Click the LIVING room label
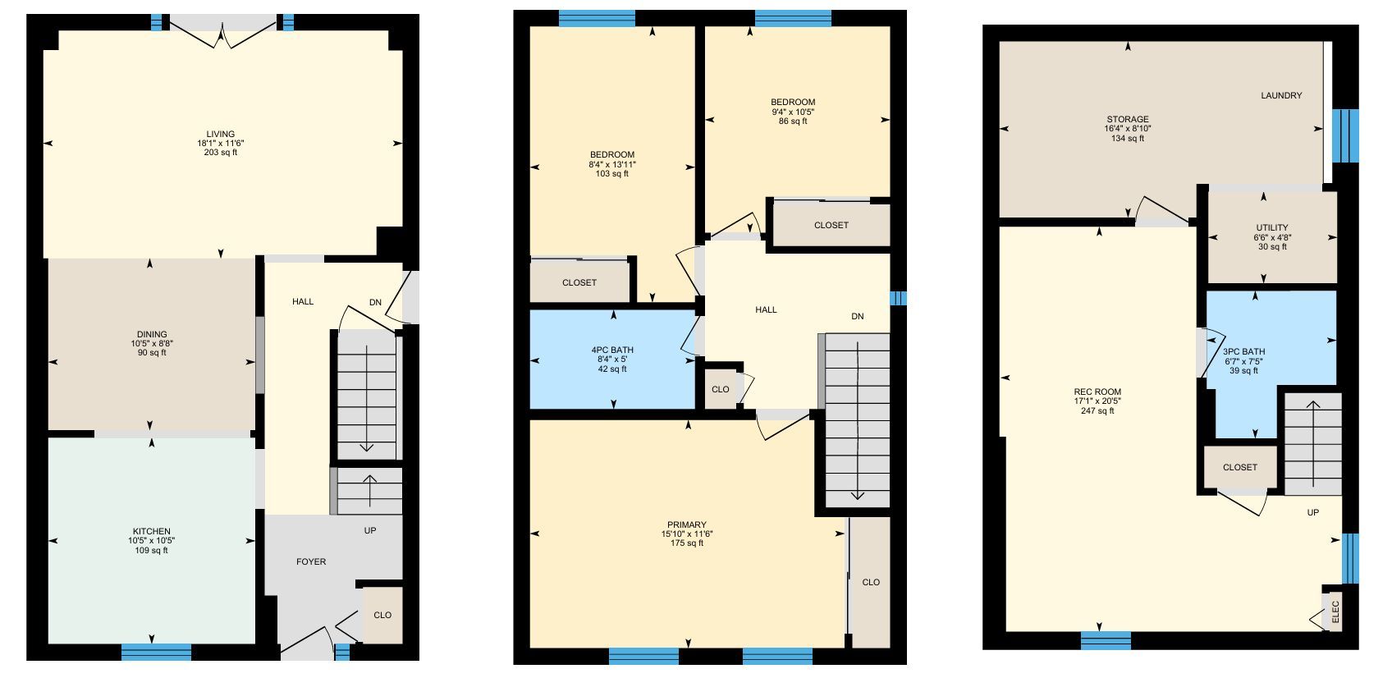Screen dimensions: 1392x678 point(221,134)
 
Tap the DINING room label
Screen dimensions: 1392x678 point(153,334)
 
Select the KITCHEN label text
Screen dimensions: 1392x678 point(152,531)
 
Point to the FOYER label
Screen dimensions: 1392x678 point(311,561)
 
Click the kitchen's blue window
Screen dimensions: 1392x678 point(156,652)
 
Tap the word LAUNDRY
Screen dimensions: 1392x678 point(1281,95)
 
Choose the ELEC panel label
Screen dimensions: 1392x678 point(1335,612)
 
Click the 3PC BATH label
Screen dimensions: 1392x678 point(1244,351)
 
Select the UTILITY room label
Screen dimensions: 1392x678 point(1272,227)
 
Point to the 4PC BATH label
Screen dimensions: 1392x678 point(612,350)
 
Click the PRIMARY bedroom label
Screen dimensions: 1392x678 point(687,525)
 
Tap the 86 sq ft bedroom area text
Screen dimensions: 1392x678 point(793,121)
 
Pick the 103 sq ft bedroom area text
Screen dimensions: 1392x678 point(612,174)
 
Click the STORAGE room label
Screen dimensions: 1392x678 point(1128,119)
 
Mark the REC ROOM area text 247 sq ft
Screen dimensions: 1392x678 point(1097,410)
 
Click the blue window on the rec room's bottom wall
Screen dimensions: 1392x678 point(1106,641)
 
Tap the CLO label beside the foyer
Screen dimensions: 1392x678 point(382,616)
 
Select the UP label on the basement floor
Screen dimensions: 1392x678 point(1313,513)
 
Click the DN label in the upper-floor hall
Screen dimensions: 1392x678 point(858,316)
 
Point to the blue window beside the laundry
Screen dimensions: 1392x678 point(1345,136)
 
